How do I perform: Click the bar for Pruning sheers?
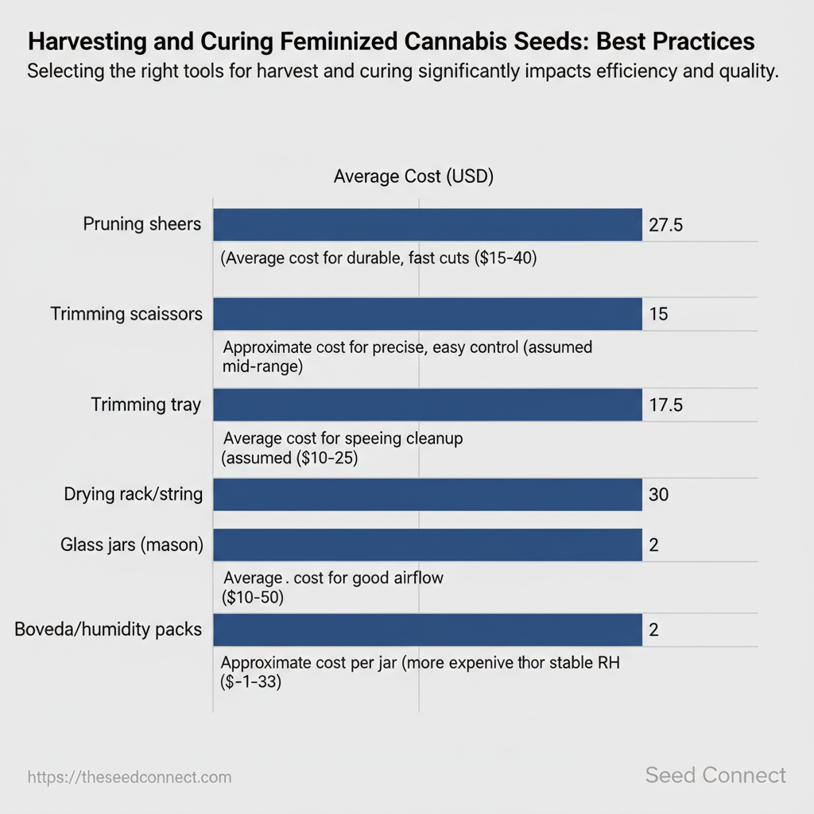click(x=427, y=224)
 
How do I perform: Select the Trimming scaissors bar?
click(x=427, y=314)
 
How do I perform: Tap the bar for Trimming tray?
click(x=427, y=405)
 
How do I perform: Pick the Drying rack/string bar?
click(x=427, y=494)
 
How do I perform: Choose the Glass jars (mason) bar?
click(x=427, y=545)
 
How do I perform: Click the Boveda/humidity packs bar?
click(x=427, y=630)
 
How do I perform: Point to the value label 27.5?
click(x=665, y=225)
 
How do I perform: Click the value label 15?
click(x=658, y=314)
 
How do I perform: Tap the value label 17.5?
click(x=665, y=405)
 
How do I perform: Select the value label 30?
click(x=659, y=495)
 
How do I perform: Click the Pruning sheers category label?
click(x=142, y=224)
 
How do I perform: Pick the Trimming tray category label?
click(x=146, y=405)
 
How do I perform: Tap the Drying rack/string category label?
click(x=134, y=494)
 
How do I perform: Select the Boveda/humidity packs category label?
click(x=108, y=630)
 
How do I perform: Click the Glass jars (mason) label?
click(x=132, y=545)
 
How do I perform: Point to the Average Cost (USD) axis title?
click(x=413, y=176)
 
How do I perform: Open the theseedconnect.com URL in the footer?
click(x=130, y=777)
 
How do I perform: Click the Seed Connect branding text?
click(x=715, y=775)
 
